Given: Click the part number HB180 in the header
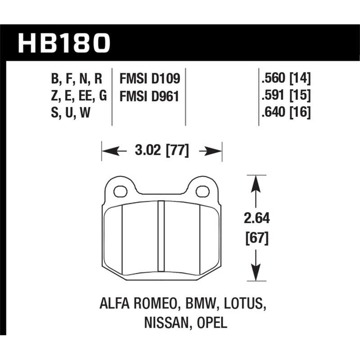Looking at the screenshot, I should click(x=64, y=43).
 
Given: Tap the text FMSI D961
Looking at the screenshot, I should click(x=149, y=96).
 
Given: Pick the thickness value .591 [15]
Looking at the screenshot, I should click(x=286, y=96).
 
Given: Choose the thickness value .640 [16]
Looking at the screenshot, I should click(x=286, y=113).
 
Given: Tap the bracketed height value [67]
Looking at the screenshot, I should click(x=257, y=238).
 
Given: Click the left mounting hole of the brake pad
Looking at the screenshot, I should click(x=120, y=192).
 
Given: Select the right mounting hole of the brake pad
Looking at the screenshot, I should click(x=204, y=192).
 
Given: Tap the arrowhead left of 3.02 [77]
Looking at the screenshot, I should click(x=109, y=151).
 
